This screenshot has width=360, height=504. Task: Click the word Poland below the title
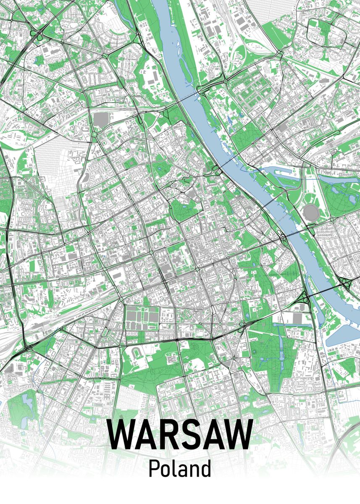[179, 469]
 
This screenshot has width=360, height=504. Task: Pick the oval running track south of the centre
[137, 351]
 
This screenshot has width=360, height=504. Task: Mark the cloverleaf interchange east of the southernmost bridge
[345, 284]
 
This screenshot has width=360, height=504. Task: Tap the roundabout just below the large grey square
[94, 134]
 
